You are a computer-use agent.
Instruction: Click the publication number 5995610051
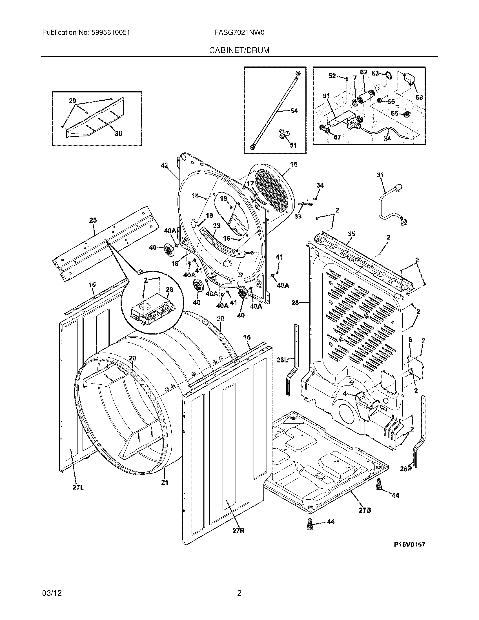click(x=111, y=33)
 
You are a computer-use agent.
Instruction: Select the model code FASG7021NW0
click(x=240, y=33)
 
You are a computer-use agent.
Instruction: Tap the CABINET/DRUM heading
click(x=239, y=50)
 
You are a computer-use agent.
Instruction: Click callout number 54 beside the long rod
click(x=294, y=111)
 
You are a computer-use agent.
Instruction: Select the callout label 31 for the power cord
click(x=380, y=175)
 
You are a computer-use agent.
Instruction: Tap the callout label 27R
click(x=238, y=531)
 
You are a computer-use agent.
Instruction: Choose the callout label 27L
click(x=78, y=488)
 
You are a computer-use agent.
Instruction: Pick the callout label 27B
click(x=365, y=510)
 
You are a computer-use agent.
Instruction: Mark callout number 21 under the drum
click(x=165, y=482)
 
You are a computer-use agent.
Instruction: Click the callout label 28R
click(x=406, y=469)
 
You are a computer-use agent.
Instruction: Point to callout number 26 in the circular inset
click(x=169, y=289)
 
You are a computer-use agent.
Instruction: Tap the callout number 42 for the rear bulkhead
click(x=165, y=165)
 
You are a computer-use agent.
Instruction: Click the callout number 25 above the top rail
click(x=93, y=220)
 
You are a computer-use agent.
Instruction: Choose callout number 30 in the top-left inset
click(x=118, y=133)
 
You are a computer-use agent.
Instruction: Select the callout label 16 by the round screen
click(x=294, y=164)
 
